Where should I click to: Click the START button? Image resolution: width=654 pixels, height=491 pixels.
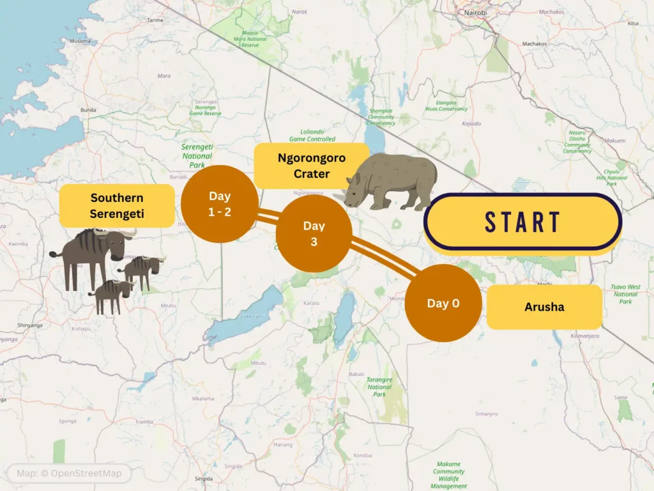click(x=522, y=222)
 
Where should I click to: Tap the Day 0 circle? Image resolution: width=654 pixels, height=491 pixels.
click(x=443, y=304)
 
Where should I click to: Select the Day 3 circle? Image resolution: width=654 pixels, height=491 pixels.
click(x=314, y=233)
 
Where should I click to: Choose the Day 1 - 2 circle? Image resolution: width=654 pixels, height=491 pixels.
click(x=219, y=203)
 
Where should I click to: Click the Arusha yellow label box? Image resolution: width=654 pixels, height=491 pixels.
click(x=544, y=307)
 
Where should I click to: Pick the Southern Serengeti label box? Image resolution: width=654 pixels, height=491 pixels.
click(x=117, y=206)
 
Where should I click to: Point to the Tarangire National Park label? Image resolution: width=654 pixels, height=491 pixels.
click(x=379, y=387)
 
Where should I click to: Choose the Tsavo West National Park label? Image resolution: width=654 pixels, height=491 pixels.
click(x=625, y=294)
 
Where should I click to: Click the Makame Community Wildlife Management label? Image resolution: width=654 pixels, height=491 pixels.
click(x=449, y=475)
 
